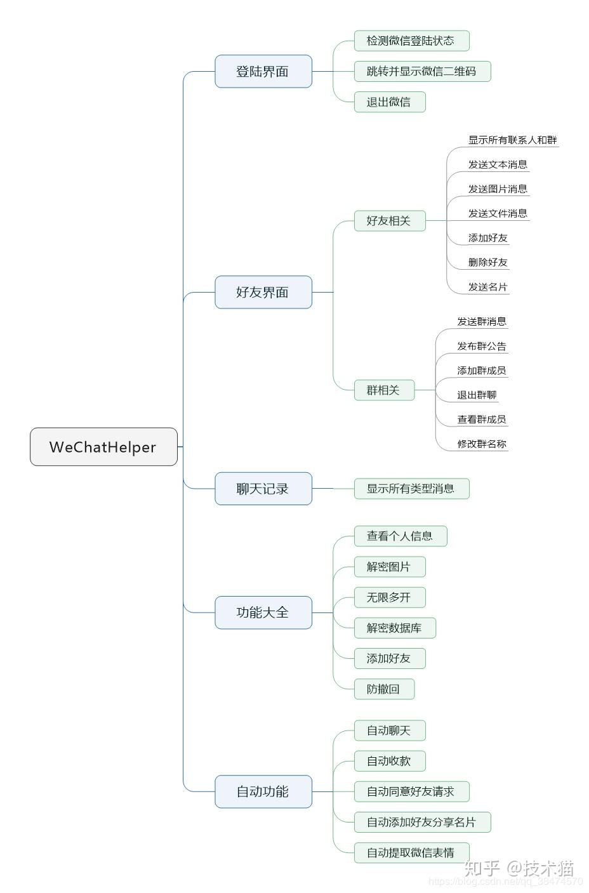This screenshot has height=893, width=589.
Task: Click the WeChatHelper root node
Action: pyautogui.click(x=103, y=447)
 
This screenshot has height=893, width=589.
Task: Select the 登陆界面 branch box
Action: pyautogui.click(x=263, y=71)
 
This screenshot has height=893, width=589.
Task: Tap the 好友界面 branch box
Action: pyautogui.click(x=263, y=292)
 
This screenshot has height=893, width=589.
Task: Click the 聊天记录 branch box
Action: pyautogui.click(x=263, y=489)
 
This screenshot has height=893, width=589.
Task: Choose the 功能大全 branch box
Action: pyautogui.click(x=263, y=612)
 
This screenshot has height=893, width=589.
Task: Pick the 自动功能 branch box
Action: pyautogui.click(x=263, y=791)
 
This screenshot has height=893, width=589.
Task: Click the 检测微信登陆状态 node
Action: pyautogui.click(x=411, y=41)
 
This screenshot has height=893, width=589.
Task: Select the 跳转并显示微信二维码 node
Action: pyautogui.click(x=421, y=71)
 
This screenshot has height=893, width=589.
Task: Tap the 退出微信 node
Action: pyautogui.click(x=389, y=102)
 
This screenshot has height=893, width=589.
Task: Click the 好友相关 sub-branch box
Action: pyautogui.click(x=389, y=221)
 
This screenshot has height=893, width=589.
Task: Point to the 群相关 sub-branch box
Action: pyautogui.click(x=383, y=390)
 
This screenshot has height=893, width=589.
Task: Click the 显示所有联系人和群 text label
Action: pyautogui.click(x=512, y=140)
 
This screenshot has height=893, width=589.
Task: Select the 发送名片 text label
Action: pyautogui.click(x=487, y=287)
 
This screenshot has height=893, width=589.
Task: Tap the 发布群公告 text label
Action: pyautogui.click(x=482, y=346)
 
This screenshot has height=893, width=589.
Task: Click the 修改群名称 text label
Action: pyautogui.click(x=482, y=444)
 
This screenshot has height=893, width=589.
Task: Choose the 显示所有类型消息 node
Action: pyautogui.click(x=411, y=489)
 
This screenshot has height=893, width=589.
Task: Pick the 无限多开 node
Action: pyautogui.click(x=389, y=597)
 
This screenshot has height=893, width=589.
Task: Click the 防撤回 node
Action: pyautogui.click(x=383, y=689)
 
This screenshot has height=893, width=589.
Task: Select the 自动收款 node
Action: pyautogui.click(x=389, y=761)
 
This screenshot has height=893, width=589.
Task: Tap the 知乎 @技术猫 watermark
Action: pyautogui.click(x=519, y=868)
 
